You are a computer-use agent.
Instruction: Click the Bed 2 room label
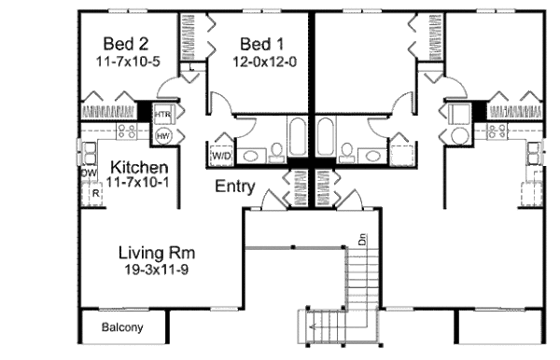pyautogui.click(x=124, y=44)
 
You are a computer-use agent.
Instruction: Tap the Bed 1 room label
pyautogui.click(x=261, y=44)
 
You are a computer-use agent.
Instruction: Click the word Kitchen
pyautogui.click(x=139, y=168)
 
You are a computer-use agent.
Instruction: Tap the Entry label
pyautogui.click(x=235, y=187)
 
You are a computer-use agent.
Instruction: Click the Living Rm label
pyautogui.click(x=156, y=252)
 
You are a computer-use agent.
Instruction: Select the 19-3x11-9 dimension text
pyautogui.click(x=156, y=270)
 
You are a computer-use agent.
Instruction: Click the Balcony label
pyautogui.click(x=122, y=327)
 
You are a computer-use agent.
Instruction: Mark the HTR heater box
pyautogui.click(x=162, y=115)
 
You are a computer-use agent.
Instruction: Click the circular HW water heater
pyautogui.click(x=162, y=136)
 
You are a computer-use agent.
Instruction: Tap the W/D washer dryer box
pyautogui.click(x=224, y=155)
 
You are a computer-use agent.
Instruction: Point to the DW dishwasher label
pyautogui.click(x=90, y=173)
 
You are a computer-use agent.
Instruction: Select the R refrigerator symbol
pyautogui.click(x=95, y=193)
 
